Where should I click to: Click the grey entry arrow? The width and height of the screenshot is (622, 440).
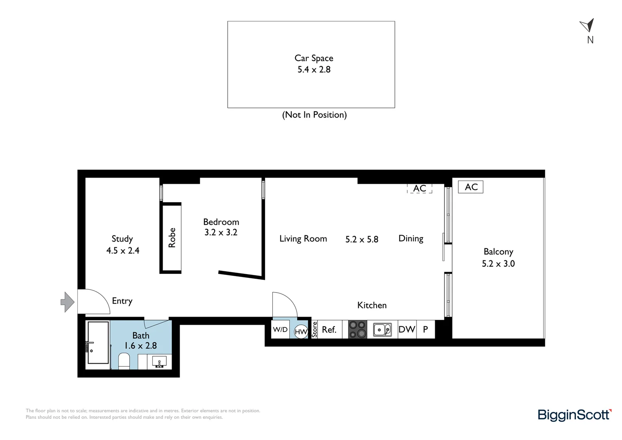tap(67, 302)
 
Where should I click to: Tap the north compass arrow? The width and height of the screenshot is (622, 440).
tap(587, 25)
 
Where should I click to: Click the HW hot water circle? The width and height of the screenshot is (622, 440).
tap(301, 332)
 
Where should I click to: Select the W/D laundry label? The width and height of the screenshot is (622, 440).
tap(280, 329)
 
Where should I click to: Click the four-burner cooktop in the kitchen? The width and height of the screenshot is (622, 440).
tap(357, 329)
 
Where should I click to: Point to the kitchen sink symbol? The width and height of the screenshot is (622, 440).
tap(382, 329)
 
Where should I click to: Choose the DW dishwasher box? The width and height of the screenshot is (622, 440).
tap(407, 329)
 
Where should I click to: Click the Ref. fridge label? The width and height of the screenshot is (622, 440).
tap(329, 329)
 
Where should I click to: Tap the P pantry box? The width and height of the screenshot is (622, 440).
tap(425, 329)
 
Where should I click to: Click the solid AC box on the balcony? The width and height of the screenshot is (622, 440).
tap(471, 187)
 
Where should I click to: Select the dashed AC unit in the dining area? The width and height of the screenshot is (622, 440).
tap(419, 189)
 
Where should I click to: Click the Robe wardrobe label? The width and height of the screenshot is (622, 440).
tap(172, 238)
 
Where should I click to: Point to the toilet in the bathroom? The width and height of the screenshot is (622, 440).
tap(124, 361)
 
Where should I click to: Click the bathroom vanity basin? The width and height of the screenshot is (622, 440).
tap(159, 361)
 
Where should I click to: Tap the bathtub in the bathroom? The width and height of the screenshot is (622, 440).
tap(98, 342)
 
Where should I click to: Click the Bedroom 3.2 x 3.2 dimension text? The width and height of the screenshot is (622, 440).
tap(221, 232)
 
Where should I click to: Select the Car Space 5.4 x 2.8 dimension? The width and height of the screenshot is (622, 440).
tap(313, 70)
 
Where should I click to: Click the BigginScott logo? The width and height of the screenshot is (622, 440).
tap(574, 415)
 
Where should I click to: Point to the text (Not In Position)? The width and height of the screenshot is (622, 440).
tap(314, 115)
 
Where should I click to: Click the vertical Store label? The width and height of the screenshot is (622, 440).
tap(314, 329)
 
